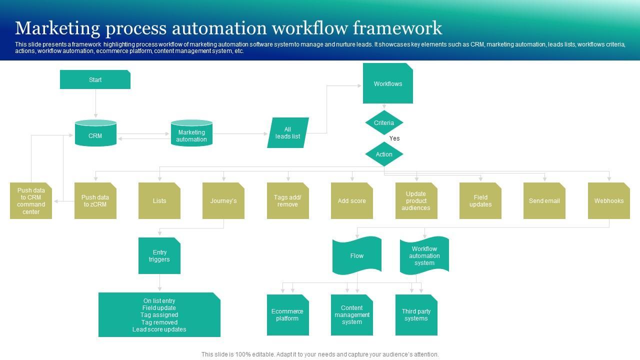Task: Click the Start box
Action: pyautogui.click(x=95, y=79)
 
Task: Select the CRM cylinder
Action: pyautogui.click(x=95, y=133)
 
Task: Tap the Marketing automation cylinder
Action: pyautogui.click(x=191, y=133)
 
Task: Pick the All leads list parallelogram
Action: pyautogui.click(x=288, y=132)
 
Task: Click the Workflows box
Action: pyautogui.click(x=387, y=83)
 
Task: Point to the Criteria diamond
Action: pyautogui.click(x=384, y=122)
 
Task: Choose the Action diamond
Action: pyautogui.click(x=384, y=154)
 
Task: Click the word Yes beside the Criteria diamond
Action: pyautogui.click(x=394, y=138)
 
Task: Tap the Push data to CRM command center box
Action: pyautogui.click(x=31, y=200)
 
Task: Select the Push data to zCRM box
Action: pyautogui.click(x=95, y=200)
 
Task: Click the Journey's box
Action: pyautogui.click(x=223, y=200)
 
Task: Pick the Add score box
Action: pyautogui.click(x=351, y=200)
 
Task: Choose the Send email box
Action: pyautogui.click(x=544, y=200)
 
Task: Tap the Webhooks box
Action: pyautogui.click(x=609, y=200)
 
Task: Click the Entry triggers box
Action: pyautogui.click(x=159, y=255)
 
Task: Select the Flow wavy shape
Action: pyautogui.click(x=357, y=255)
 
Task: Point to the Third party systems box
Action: pyautogui.click(x=416, y=315)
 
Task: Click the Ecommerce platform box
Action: pyautogui.click(x=287, y=315)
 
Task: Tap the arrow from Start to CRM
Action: pyautogui.click(x=95, y=103)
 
